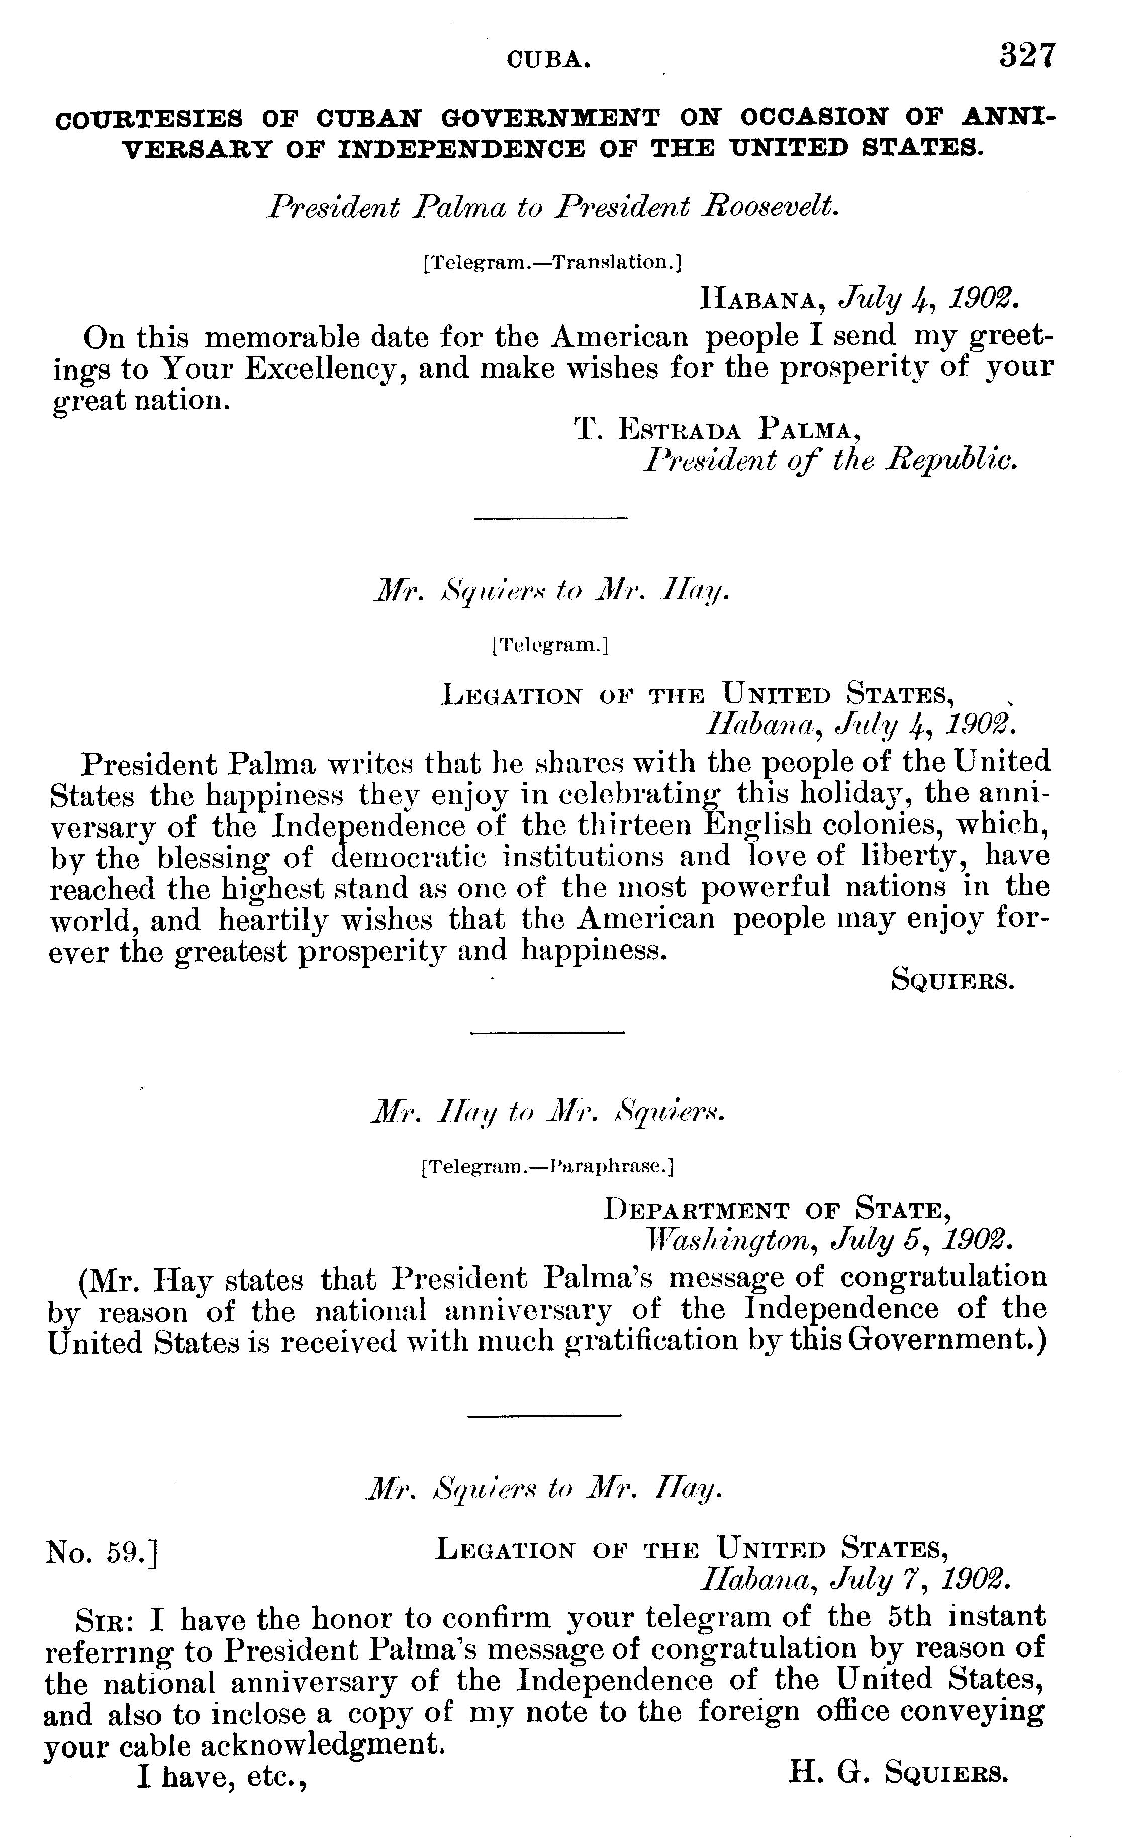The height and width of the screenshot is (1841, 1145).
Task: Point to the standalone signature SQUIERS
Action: pyautogui.click(x=952, y=981)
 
